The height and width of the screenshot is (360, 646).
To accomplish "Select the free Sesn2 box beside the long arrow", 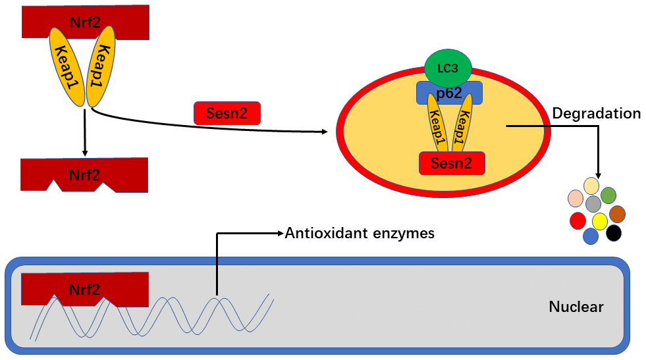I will tap(227, 113).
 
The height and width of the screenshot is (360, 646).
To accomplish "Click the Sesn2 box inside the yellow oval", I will tap(452, 163).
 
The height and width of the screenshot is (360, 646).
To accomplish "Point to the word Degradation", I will tap(596, 113).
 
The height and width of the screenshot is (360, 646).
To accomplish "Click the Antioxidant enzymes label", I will tap(360, 233).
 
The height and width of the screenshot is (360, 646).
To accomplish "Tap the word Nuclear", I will tap(576, 307).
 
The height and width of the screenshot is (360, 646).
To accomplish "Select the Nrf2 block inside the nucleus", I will tap(84, 288).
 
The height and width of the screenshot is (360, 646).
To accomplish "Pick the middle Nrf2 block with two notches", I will tap(84, 174).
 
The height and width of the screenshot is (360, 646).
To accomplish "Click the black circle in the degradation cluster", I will tap(614, 232).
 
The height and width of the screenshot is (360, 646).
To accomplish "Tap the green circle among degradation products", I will tap(608, 195).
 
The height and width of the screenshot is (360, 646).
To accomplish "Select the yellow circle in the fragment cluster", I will tap(599, 220).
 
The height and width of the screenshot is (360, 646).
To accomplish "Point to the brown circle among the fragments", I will tap(617, 214).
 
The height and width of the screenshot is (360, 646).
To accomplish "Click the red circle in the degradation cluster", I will tap(578, 220).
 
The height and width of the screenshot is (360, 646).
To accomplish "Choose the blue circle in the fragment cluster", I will tap(591, 236).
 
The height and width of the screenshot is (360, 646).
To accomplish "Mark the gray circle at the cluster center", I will tap(593, 203).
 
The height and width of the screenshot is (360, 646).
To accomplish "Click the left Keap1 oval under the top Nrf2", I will tap(65, 65).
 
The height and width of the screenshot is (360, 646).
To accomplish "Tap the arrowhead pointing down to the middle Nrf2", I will tap(85, 153).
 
